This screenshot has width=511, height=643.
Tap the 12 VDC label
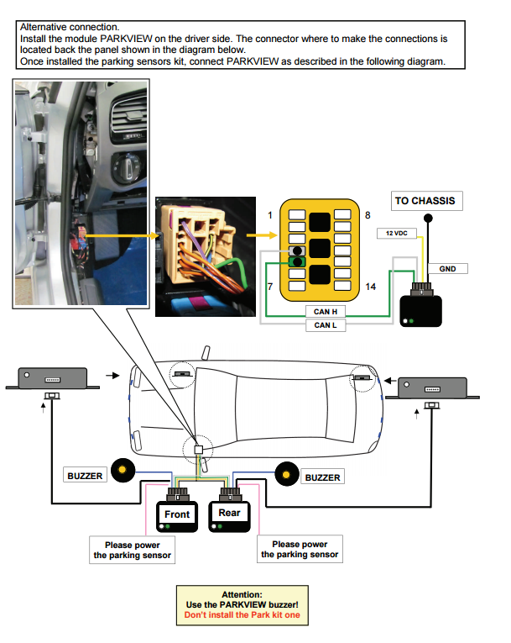coord(396,232)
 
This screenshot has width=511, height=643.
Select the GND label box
coord(447,269)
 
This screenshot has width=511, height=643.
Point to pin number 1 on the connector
coord(270,216)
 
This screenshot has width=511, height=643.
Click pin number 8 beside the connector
coord(368,216)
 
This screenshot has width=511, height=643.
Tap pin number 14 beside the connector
coord(369,287)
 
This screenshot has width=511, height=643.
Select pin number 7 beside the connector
coord(270,287)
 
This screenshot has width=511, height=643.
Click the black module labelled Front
coord(177,515)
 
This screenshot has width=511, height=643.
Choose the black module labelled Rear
coord(229,514)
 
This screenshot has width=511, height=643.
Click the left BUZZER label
coord(85,476)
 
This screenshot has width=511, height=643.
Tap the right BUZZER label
coord(322,477)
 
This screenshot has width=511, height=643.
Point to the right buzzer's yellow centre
coord(287,476)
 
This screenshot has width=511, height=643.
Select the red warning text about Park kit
coord(242,615)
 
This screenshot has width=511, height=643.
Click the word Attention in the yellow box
coord(242,593)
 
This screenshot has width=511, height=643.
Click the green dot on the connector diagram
coord(296,262)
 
